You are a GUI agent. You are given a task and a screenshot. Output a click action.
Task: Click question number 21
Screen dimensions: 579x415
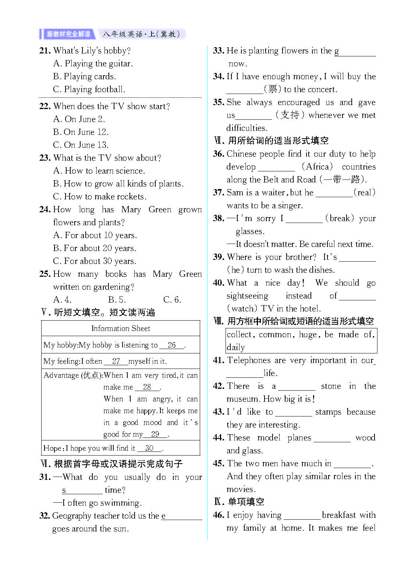click(45, 50)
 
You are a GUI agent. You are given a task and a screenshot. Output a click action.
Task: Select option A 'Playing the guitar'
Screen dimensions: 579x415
click(93, 63)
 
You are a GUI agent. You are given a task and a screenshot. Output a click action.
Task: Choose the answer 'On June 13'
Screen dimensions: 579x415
click(81, 145)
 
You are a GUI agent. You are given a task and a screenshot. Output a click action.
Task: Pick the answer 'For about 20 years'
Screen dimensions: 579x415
click(95, 248)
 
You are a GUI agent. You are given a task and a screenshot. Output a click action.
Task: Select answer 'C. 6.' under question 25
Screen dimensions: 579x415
click(172, 300)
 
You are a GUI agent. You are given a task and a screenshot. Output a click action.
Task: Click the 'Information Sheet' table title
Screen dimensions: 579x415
click(121, 328)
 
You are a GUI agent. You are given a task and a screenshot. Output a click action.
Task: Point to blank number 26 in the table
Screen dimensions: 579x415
click(171, 345)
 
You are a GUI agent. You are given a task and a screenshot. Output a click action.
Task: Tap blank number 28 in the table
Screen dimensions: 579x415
click(147, 387)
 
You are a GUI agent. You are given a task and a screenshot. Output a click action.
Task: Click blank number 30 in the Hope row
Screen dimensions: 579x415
click(149, 448)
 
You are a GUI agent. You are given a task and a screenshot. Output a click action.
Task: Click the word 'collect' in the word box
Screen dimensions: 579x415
click(239, 335)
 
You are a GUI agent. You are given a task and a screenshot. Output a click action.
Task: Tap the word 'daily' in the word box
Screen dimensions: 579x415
click(236, 347)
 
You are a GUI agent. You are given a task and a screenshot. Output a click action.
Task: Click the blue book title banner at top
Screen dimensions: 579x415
click(68, 34)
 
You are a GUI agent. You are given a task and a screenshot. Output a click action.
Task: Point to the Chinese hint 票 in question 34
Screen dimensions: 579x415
click(272, 89)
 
